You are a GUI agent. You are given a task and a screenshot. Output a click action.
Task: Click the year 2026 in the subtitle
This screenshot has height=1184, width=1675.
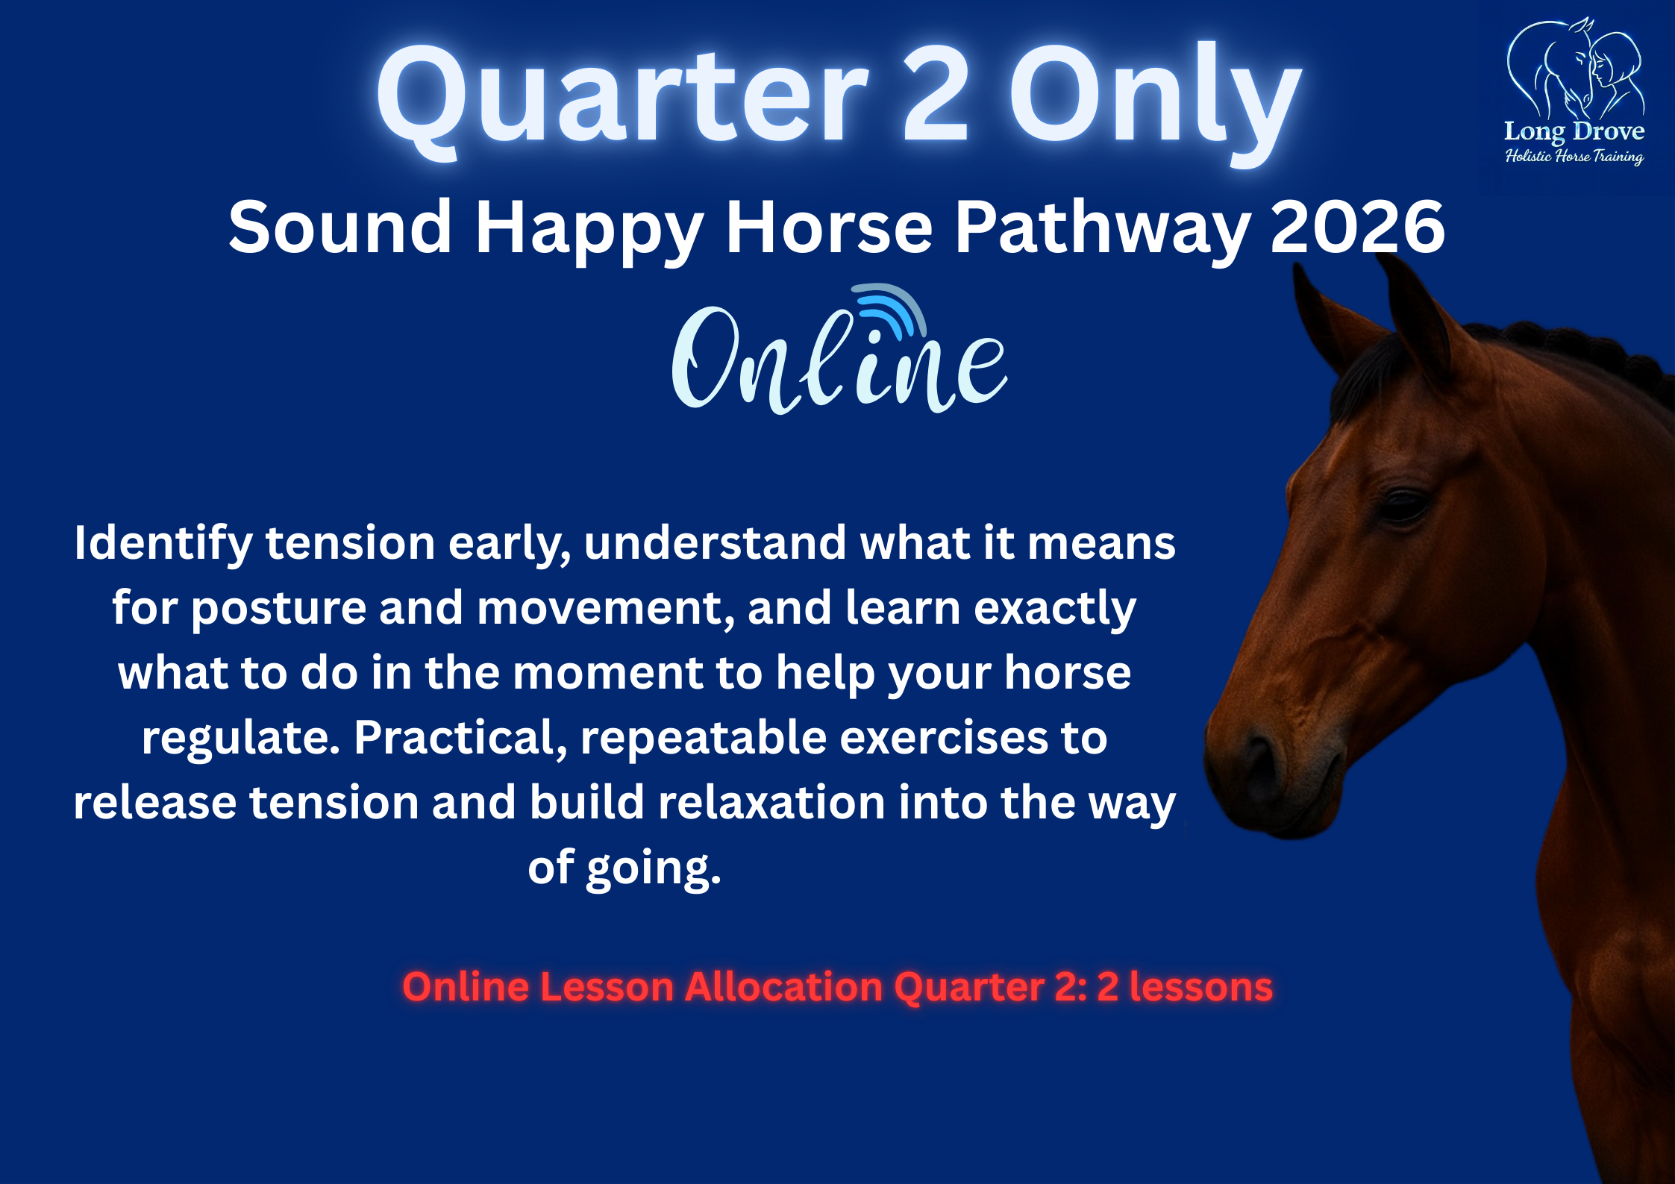pos(1358,227)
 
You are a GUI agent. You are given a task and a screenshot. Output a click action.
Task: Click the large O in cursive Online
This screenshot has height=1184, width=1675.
pos(705,358)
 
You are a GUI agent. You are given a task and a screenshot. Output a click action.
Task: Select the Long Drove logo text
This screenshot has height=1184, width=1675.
pos(1574,132)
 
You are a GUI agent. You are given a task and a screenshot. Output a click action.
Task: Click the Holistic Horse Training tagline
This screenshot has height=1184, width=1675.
pos(1574,156)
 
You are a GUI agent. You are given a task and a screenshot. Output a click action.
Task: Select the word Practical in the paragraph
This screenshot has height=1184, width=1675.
pos(455,739)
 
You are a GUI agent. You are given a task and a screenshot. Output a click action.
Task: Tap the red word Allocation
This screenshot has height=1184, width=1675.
pos(783,986)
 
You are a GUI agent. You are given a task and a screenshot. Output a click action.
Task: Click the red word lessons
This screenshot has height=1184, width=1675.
pos(1200,986)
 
